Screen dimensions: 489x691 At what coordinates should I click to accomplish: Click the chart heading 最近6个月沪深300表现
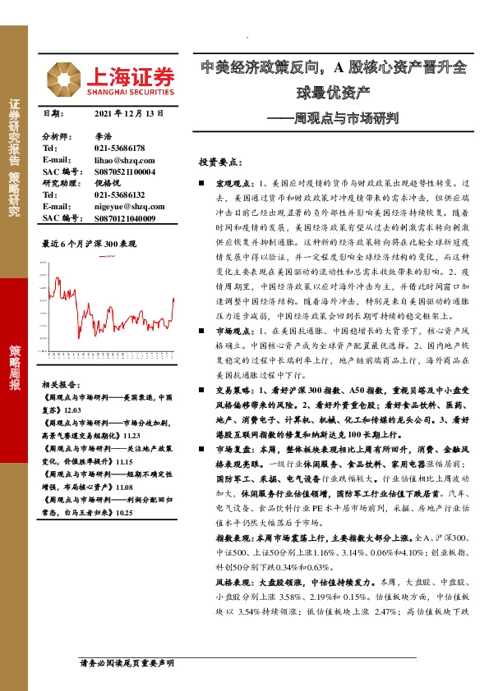88,244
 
